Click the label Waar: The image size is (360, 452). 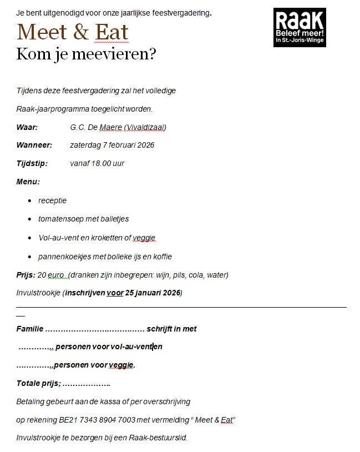pyautogui.click(x=27, y=127)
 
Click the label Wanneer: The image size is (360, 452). pyautogui.click(x=34, y=145)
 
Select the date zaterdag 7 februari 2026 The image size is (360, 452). pyautogui.click(x=112, y=145)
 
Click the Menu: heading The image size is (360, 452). pyautogui.click(x=28, y=182)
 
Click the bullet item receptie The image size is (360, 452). pyautogui.click(x=53, y=200)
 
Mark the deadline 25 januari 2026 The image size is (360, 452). pyautogui.click(x=152, y=292)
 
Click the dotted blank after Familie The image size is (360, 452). pyautogui.click(x=95, y=329)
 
